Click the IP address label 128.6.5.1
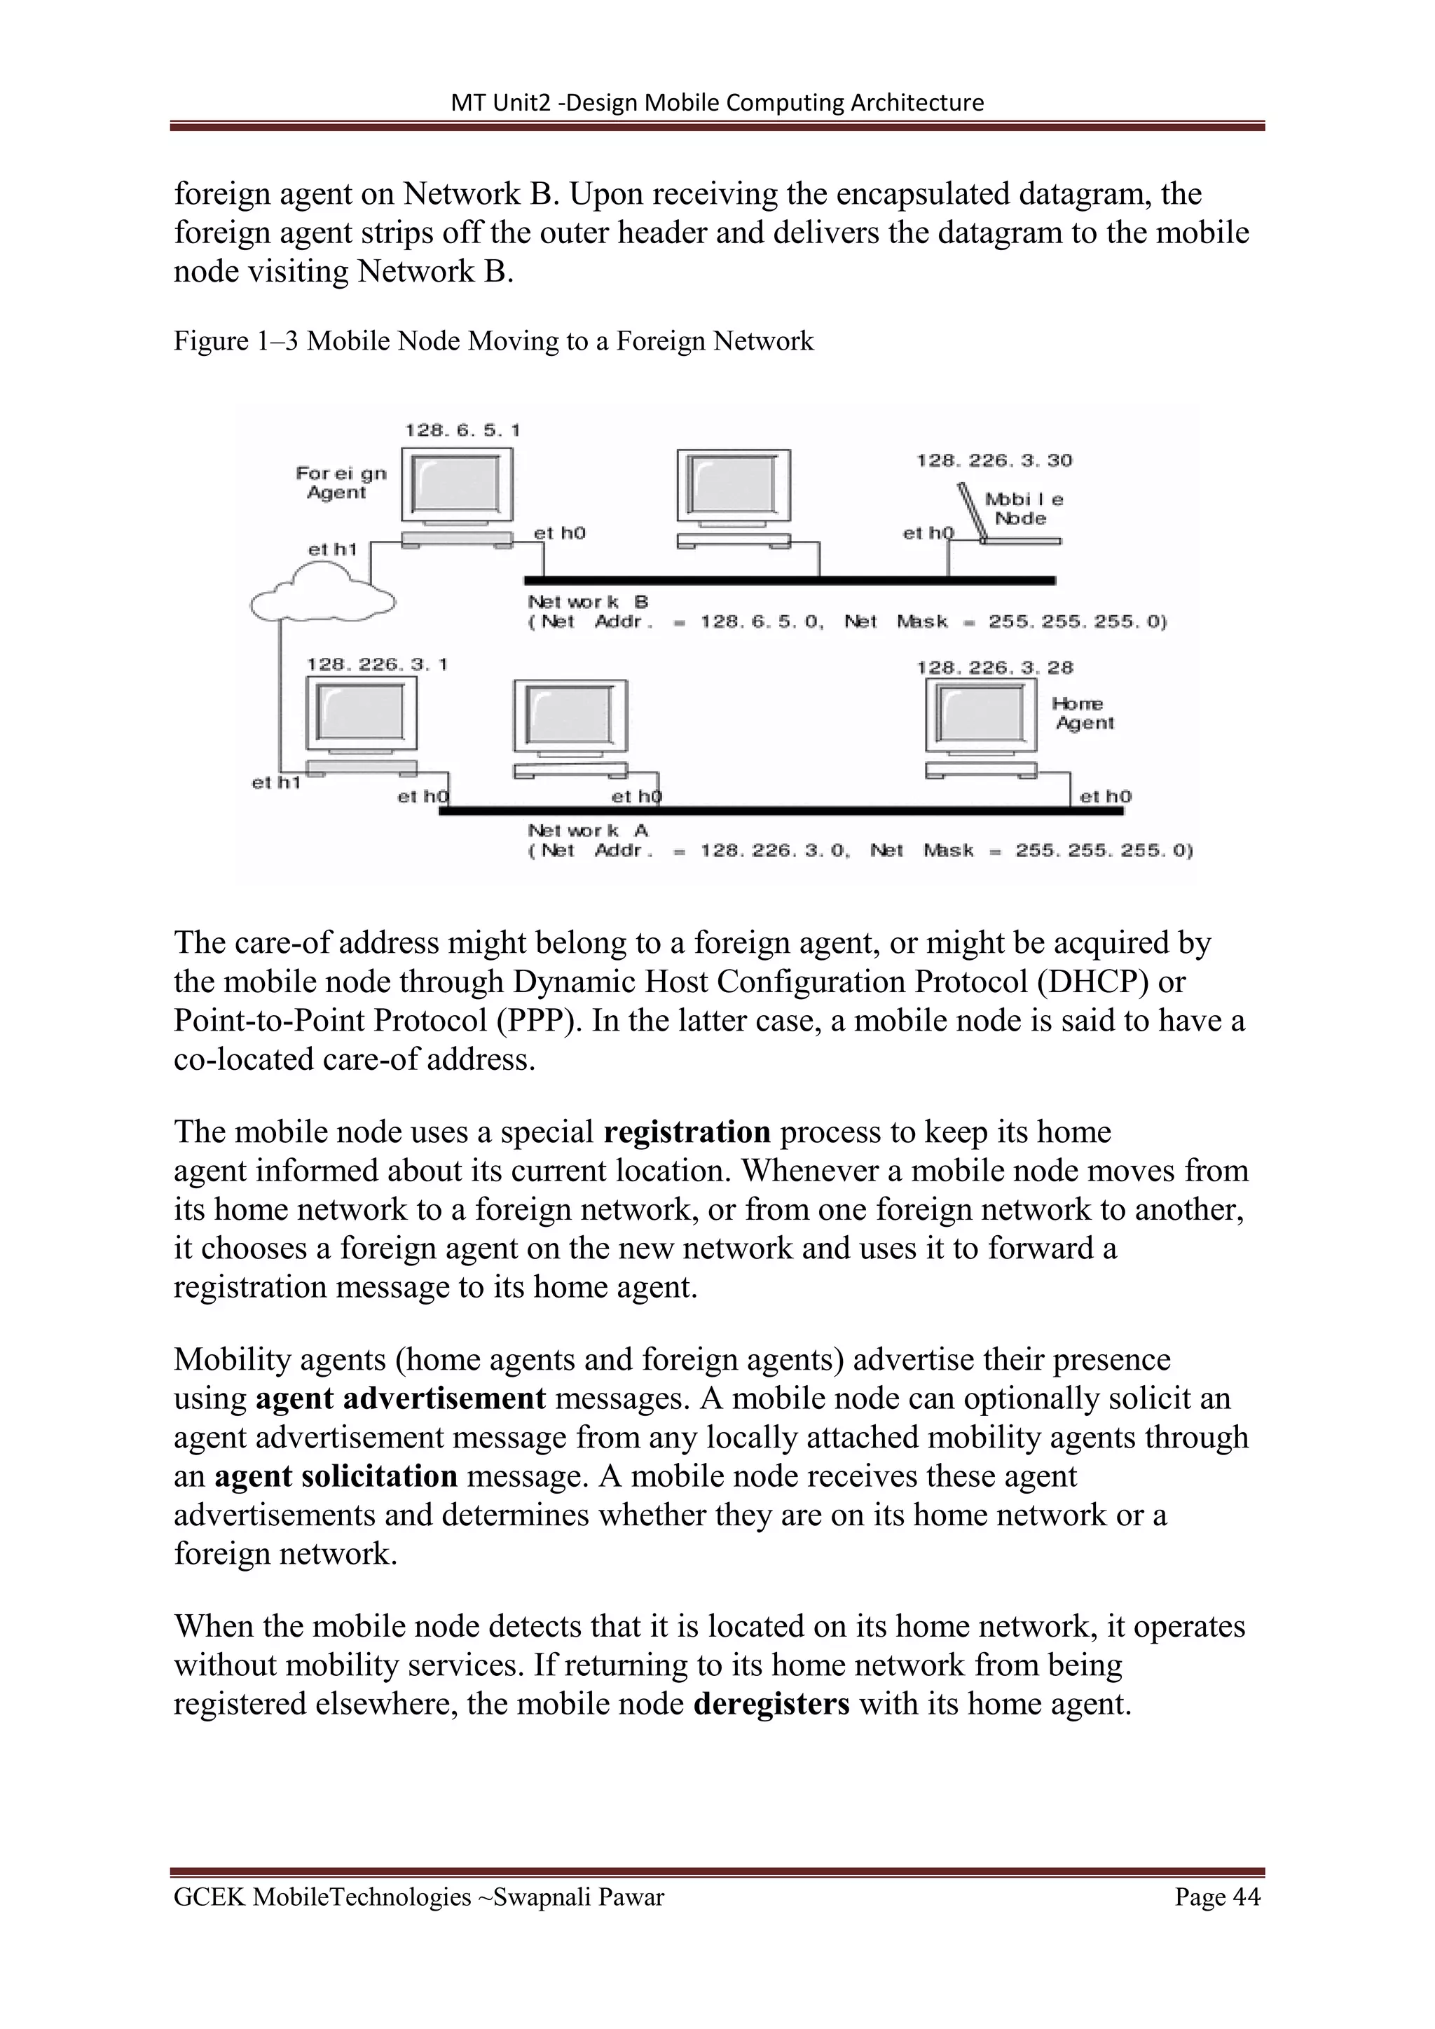tap(462, 430)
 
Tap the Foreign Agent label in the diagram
tap(341, 483)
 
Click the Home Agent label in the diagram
tap(1083, 713)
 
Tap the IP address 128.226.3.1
tap(377, 663)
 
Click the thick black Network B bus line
tap(789, 581)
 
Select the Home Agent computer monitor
tap(982, 714)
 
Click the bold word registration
tap(687, 1132)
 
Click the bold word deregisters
tap(771, 1703)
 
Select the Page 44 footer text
tap(1217, 1897)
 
